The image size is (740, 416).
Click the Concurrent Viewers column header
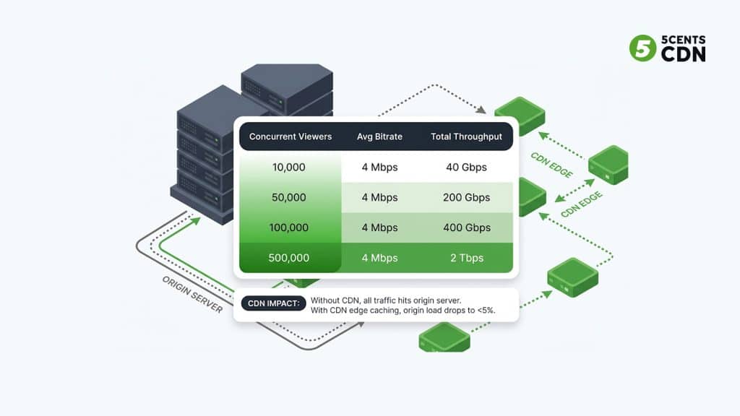pyautogui.click(x=291, y=136)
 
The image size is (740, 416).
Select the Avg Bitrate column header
pyautogui.click(x=379, y=136)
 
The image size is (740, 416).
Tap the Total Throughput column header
pyautogui.click(x=465, y=136)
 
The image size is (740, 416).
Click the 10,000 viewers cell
pyautogui.click(x=289, y=167)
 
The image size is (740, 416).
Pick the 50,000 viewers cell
pyautogui.click(x=289, y=197)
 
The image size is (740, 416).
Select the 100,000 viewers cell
pyautogui.click(x=289, y=227)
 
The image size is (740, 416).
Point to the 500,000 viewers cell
pyautogui.click(x=289, y=258)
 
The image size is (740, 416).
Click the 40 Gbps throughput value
pyautogui.click(x=466, y=167)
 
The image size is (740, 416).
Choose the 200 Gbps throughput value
pyautogui.click(x=466, y=197)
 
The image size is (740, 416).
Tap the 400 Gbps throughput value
pyautogui.click(x=466, y=227)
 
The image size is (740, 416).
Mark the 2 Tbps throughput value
pyautogui.click(x=466, y=258)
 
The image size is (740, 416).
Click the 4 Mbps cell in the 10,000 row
pyautogui.click(x=379, y=167)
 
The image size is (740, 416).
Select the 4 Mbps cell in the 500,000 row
pyautogui.click(x=379, y=258)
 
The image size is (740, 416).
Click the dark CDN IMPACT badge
pyautogui.click(x=274, y=304)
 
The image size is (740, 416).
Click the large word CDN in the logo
pyautogui.click(x=684, y=54)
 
